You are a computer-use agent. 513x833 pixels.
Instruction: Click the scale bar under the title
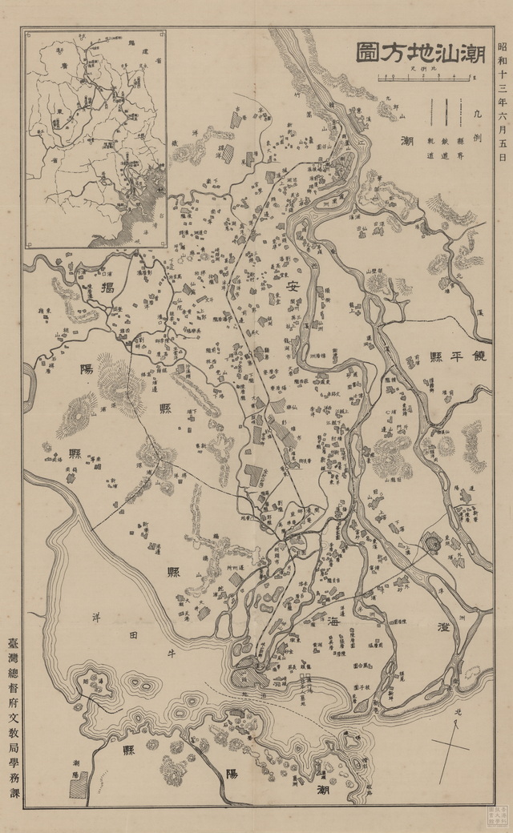(x=424, y=78)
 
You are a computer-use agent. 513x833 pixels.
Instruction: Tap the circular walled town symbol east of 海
(x=432, y=545)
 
